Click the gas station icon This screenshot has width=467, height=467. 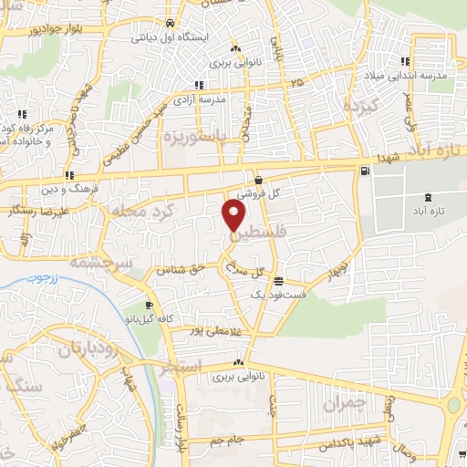pyautogui.click(x=366, y=171)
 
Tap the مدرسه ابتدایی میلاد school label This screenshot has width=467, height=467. pyautogui.click(x=417, y=76)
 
